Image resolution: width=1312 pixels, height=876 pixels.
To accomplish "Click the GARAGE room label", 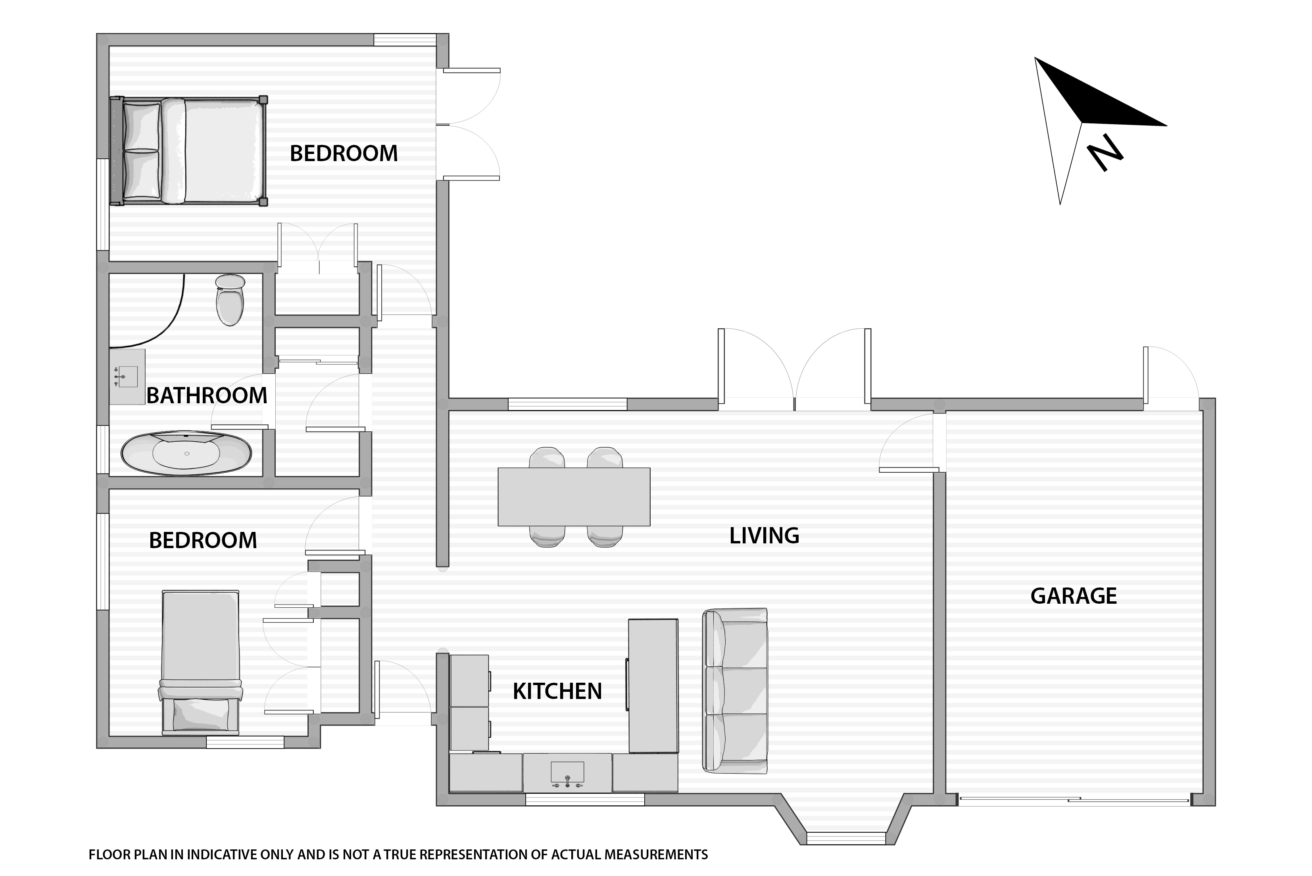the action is pyautogui.click(x=1073, y=596).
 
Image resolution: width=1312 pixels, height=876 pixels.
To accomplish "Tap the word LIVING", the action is pyautogui.click(x=765, y=536).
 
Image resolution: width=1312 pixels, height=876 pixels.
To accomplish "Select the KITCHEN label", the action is pyautogui.click(x=557, y=692).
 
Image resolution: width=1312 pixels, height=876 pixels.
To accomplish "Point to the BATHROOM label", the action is pyautogui.click(x=207, y=396).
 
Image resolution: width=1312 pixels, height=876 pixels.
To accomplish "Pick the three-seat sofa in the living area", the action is pyautogui.click(x=735, y=691).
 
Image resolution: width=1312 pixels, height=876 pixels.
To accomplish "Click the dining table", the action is pyautogui.click(x=574, y=497).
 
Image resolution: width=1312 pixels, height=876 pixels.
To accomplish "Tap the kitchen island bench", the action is pyautogui.click(x=653, y=685).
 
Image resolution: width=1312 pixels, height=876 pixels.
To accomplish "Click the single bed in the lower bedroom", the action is pyautogui.click(x=200, y=662).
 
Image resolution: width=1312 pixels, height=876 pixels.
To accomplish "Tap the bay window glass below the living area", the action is pyautogui.click(x=846, y=838).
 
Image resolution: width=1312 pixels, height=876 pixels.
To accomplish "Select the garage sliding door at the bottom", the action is pyautogui.click(x=1074, y=801).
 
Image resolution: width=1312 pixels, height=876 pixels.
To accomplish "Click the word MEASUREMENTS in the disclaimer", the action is pyautogui.click(x=656, y=855).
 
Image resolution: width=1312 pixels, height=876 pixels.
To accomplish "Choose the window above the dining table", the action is pyautogui.click(x=567, y=404).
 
